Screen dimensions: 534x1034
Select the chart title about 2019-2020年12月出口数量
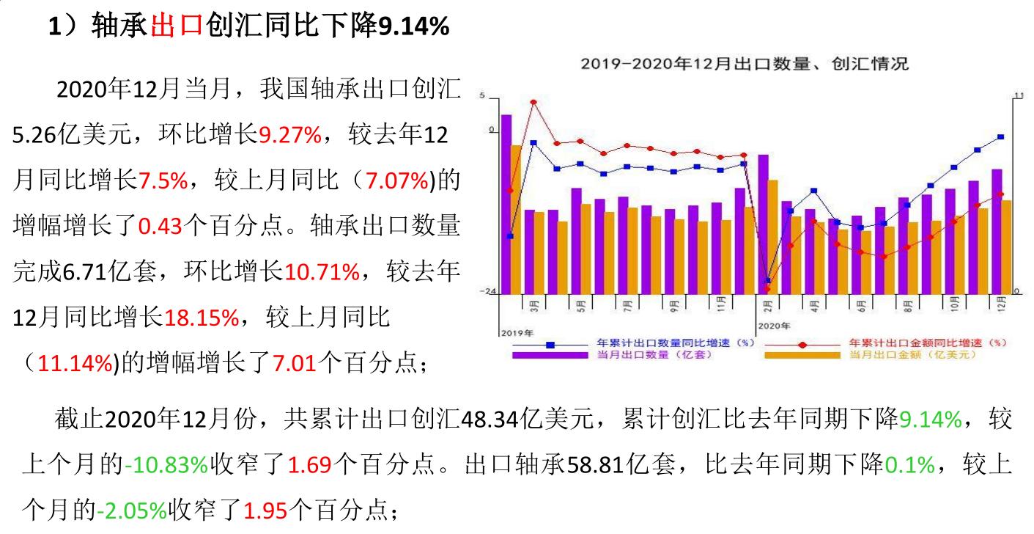(744, 64)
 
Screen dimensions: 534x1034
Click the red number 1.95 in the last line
(264, 510)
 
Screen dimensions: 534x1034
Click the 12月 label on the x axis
(1001, 303)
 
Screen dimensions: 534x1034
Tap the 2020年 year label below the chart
(775, 325)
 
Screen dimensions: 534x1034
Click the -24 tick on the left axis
(487, 292)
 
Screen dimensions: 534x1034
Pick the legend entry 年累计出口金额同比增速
(928, 343)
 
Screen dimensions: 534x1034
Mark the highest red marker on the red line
(533, 102)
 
